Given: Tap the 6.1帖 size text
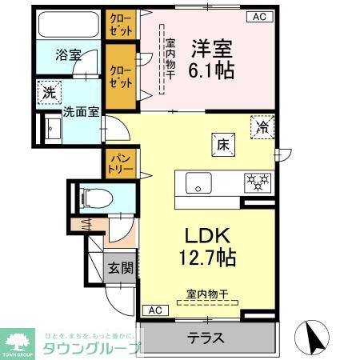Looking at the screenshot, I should point(211,70).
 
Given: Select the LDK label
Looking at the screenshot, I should point(208,236).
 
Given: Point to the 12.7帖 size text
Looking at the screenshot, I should point(208,258).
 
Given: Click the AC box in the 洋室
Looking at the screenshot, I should point(260,16).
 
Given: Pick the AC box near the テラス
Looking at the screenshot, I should point(154,310).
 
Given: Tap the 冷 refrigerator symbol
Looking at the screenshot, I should point(262,125).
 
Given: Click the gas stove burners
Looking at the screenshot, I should point(258,182).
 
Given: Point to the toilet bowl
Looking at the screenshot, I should point(85,196).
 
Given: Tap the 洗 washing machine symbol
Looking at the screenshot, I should point(49,92).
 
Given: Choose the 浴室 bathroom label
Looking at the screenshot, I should point(67,55).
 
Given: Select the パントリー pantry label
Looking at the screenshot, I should point(121,165).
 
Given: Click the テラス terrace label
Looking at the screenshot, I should point(206,338).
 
